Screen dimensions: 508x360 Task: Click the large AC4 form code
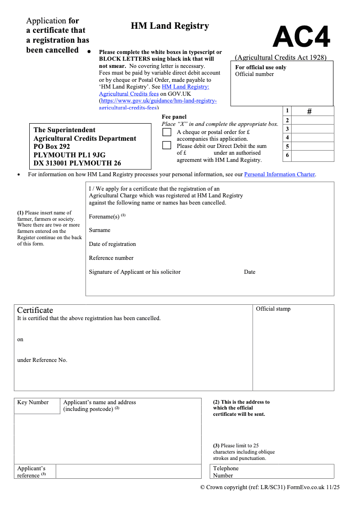coord(301,37)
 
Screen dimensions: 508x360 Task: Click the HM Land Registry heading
coord(170,26)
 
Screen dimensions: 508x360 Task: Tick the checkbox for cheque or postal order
coord(167,132)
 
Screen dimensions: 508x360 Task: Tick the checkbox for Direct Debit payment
coord(167,145)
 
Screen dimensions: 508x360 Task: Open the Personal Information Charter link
coord(279,174)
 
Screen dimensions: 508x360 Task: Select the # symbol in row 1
coord(309,111)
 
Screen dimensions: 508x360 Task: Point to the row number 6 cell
coord(287,156)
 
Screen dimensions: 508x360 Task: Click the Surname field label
coord(99,230)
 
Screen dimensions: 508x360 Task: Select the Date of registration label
coord(112,244)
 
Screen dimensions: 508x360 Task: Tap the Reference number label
coord(111,258)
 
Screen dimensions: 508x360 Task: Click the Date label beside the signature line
coord(249,272)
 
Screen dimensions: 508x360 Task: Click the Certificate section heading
coord(35,310)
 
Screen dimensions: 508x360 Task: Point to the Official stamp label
coord(273,309)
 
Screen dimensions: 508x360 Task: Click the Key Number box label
coord(33,402)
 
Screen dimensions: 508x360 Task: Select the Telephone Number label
coord(225,472)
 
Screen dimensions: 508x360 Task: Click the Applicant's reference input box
coord(128,472)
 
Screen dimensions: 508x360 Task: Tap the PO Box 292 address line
coord(52,147)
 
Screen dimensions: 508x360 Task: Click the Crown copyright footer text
coord(270,487)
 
